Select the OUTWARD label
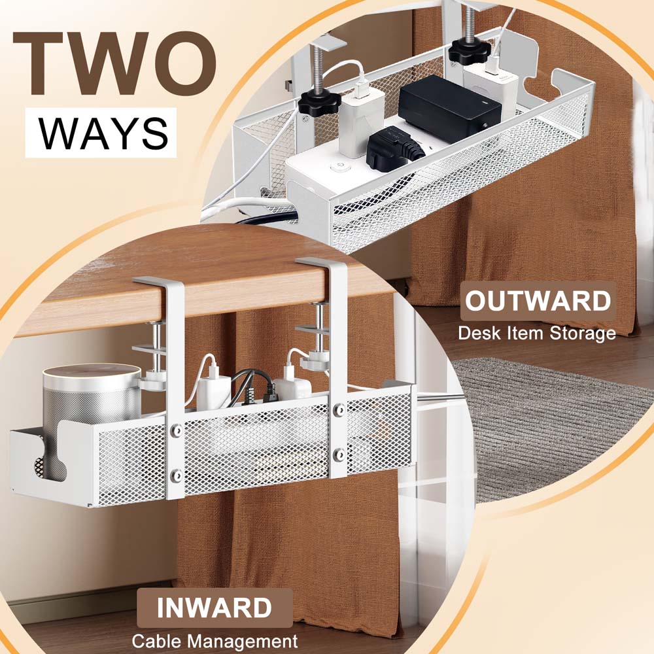538,302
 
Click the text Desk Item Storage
536,333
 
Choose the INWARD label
214,608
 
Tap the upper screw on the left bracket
175,430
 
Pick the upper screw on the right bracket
338,410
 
